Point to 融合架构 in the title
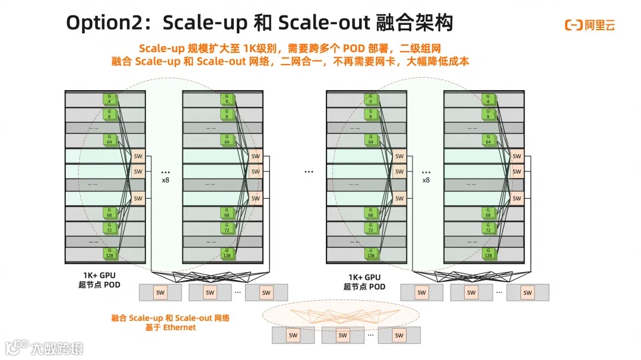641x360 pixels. tap(415, 24)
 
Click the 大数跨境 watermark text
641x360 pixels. tap(58, 348)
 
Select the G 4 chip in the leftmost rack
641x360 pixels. tap(109, 98)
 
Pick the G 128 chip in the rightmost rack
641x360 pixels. tap(488, 253)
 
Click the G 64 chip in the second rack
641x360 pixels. tap(227, 140)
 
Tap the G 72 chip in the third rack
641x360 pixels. tap(371, 227)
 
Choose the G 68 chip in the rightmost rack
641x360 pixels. tap(488, 213)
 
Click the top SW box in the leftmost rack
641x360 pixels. tap(138, 157)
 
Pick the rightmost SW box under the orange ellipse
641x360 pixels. tap(399, 335)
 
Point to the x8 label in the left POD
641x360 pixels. tap(166, 180)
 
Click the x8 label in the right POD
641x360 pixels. tap(426, 180)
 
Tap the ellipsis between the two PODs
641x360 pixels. tap(309, 171)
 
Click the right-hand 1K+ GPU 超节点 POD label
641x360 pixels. tap(364, 282)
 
